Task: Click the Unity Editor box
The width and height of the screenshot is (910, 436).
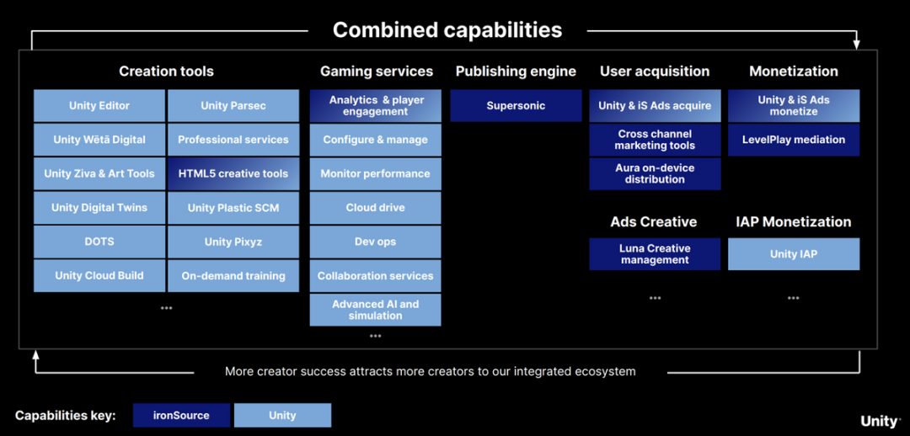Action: click(99, 105)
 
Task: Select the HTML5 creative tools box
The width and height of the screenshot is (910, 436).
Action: click(233, 173)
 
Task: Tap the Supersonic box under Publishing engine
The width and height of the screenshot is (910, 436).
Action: click(516, 105)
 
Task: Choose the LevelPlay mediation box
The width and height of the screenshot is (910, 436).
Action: click(794, 140)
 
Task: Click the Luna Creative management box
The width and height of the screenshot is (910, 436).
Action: click(655, 254)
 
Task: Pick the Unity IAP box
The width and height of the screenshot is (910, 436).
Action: click(794, 254)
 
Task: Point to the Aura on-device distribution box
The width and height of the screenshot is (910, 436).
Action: click(655, 173)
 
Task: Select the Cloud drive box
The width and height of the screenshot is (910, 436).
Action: click(376, 208)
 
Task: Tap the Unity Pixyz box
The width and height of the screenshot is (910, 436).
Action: click(233, 242)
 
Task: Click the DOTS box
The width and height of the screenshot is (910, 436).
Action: click(99, 242)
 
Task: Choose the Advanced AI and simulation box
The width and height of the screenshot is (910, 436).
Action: click(376, 310)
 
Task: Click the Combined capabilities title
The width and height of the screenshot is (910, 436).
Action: click(447, 29)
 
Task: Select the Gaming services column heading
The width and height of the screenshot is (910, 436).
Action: click(377, 72)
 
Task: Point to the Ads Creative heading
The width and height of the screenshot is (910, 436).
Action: click(654, 222)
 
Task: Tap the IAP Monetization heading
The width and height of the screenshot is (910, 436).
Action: click(794, 222)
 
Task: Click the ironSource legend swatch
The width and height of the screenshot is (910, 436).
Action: click(182, 415)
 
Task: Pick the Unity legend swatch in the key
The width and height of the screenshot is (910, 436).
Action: click(282, 415)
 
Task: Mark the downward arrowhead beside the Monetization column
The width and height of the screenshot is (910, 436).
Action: click(857, 45)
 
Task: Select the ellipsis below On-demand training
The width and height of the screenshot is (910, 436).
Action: click(167, 308)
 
